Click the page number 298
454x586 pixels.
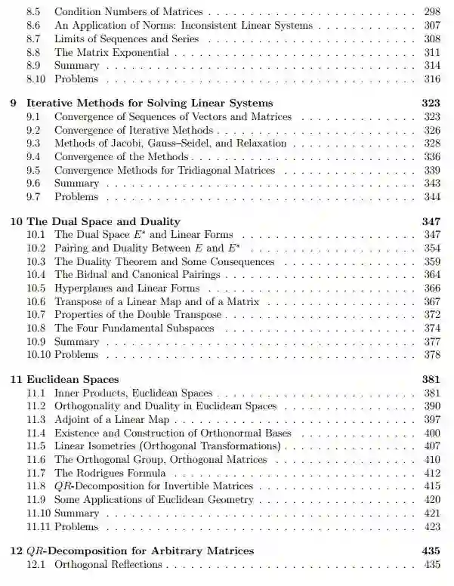(431, 13)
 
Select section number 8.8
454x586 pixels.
(32, 53)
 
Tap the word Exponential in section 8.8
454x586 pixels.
(142, 53)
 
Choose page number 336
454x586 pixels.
(431, 156)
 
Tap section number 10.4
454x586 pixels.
(36, 275)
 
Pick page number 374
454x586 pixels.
(431, 328)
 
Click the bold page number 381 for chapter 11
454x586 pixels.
(431, 380)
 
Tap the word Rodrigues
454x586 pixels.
(101, 473)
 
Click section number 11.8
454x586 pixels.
(36, 486)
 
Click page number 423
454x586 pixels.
(431, 527)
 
